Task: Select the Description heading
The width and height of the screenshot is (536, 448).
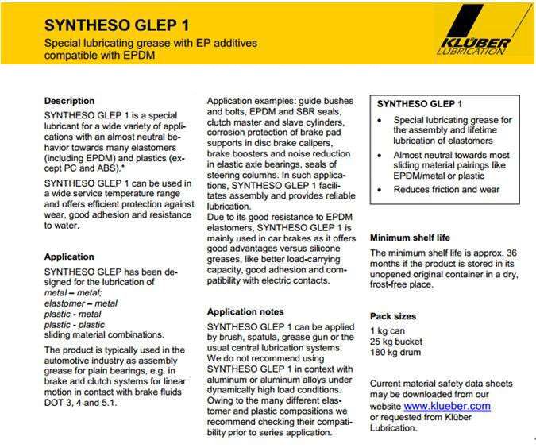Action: (x=69, y=101)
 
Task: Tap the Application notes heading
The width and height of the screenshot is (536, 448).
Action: (x=245, y=311)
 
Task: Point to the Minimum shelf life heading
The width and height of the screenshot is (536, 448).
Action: (x=420, y=238)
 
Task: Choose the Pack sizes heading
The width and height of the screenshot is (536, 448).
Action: (x=393, y=315)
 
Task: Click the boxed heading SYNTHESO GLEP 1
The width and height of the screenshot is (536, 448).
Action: (x=419, y=104)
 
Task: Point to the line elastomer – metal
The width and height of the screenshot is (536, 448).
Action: (x=81, y=303)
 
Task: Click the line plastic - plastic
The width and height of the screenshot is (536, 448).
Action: (x=75, y=324)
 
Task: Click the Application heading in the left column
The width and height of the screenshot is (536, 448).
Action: (x=69, y=257)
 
